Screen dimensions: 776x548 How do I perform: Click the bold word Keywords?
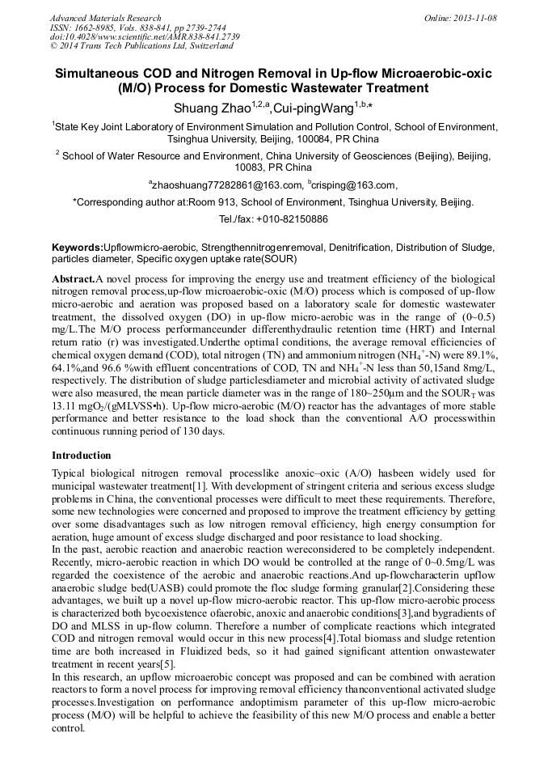[77, 247]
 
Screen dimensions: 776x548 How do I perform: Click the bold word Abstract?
[74, 278]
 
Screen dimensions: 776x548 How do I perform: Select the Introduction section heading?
[82, 456]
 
